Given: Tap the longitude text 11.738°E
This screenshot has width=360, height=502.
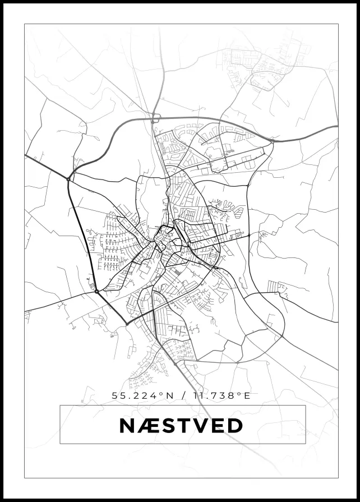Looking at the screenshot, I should pyautogui.click(x=220, y=395).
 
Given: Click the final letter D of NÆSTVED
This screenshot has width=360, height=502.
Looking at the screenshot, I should pyautogui.click(x=235, y=425).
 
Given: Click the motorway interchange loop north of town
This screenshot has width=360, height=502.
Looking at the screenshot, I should pyautogui.click(x=155, y=118).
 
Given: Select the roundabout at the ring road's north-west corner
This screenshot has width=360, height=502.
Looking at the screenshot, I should pyautogui.click(x=68, y=179).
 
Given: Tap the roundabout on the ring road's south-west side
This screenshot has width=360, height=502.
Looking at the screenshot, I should pyautogui.click(x=96, y=291).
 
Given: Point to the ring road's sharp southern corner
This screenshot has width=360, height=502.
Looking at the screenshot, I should pyautogui.click(x=127, y=324).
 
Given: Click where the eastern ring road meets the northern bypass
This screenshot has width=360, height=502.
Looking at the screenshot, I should pyautogui.click(x=272, y=141).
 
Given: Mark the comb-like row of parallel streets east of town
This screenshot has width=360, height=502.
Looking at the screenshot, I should pyautogui.click(x=273, y=286).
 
